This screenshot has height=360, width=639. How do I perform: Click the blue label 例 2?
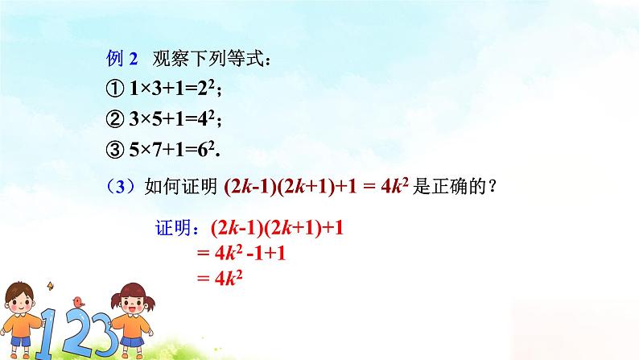[x=123, y=59]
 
